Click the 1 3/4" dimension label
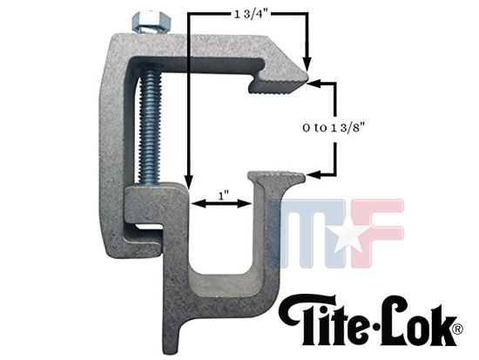click(x=251, y=14)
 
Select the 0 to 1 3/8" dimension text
click(x=334, y=127)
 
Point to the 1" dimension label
click(x=224, y=195)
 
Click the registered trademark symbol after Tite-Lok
click(x=456, y=329)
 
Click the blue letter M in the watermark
click(x=307, y=234)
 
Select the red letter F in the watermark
click(x=377, y=234)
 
